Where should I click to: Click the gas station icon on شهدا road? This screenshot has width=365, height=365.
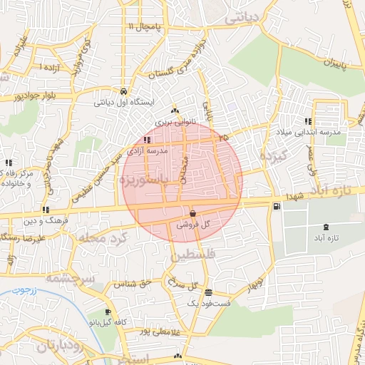[x=277, y=207]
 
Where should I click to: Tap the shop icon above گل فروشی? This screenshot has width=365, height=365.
[x=193, y=213]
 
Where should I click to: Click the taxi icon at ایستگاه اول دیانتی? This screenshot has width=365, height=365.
[x=124, y=92]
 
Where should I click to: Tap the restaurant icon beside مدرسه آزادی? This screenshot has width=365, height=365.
[x=146, y=140]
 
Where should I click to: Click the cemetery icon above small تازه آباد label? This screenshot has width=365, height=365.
[x=327, y=226]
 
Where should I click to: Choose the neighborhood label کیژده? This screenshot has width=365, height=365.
[x=272, y=155]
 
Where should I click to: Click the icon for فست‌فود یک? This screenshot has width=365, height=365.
[x=207, y=292]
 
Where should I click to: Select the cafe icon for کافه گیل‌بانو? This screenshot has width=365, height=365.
[x=107, y=312]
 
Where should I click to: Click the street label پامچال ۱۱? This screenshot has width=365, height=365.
[x=146, y=26]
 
